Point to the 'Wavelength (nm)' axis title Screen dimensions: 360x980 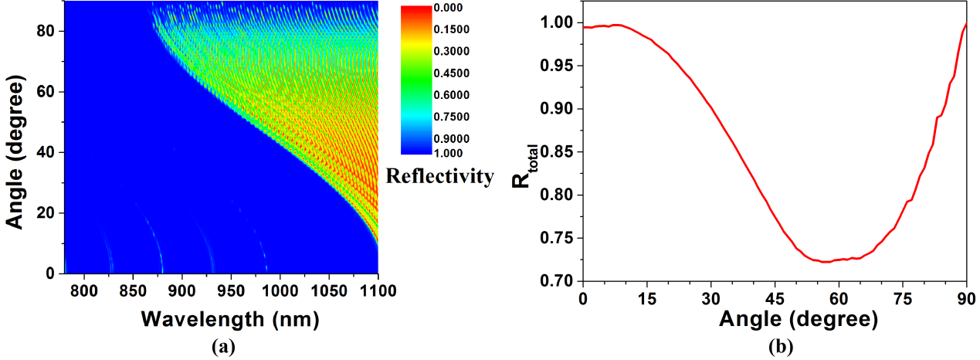pos(231,318)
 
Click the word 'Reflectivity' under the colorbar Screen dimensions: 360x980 pos(440,177)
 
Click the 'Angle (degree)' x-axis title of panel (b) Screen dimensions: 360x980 pos(775,318)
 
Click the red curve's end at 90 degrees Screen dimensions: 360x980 pos(966,24)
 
